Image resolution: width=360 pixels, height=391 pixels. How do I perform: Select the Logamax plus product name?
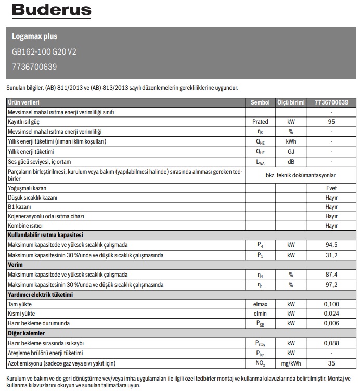tap(34, 37)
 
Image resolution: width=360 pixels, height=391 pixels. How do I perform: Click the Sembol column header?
tap(260, 102)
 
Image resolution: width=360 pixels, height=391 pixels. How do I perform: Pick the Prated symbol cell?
tap(260, 122)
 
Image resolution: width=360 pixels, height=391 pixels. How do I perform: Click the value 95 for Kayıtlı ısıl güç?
tap(331, 122)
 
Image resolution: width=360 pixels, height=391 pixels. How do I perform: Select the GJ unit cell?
tap(291, 151)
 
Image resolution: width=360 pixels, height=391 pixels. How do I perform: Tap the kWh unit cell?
tap(291, 141)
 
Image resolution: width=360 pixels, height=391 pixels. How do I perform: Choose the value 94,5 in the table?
tap(331, 245)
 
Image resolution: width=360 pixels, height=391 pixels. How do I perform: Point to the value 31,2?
tap(331, 255)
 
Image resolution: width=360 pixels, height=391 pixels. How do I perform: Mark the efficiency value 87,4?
tap(331, 275)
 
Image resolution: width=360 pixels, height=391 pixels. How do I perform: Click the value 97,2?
tap(331, 284)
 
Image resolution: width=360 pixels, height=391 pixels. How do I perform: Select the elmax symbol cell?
tap(260, 304)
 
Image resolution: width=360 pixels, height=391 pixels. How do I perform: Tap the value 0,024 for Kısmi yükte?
tap(331, 314)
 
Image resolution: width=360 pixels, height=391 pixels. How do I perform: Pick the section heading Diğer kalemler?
tap(25, 333)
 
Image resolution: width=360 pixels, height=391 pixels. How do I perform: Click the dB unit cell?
tap(291, 161)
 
